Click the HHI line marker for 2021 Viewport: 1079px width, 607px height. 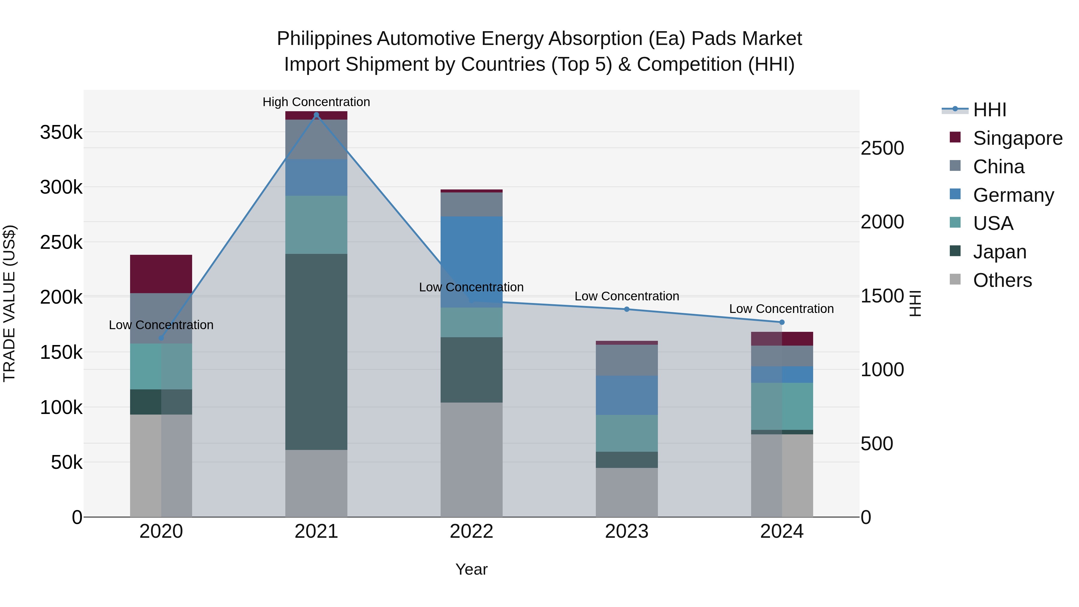316,115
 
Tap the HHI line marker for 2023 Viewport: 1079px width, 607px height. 627,309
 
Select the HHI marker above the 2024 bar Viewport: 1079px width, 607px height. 782,322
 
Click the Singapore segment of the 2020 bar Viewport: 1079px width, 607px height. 161,274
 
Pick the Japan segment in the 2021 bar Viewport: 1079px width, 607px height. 316,352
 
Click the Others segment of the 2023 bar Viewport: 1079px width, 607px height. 627,492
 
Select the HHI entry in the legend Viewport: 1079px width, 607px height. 989,110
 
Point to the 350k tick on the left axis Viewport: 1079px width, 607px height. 61,132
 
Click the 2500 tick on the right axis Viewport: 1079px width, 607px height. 882,148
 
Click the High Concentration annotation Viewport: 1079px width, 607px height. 316,102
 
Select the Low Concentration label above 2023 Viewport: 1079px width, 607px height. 627,296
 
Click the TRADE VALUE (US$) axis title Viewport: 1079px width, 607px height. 9,303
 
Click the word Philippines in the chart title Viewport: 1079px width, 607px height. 324,39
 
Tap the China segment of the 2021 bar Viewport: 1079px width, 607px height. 316,139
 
